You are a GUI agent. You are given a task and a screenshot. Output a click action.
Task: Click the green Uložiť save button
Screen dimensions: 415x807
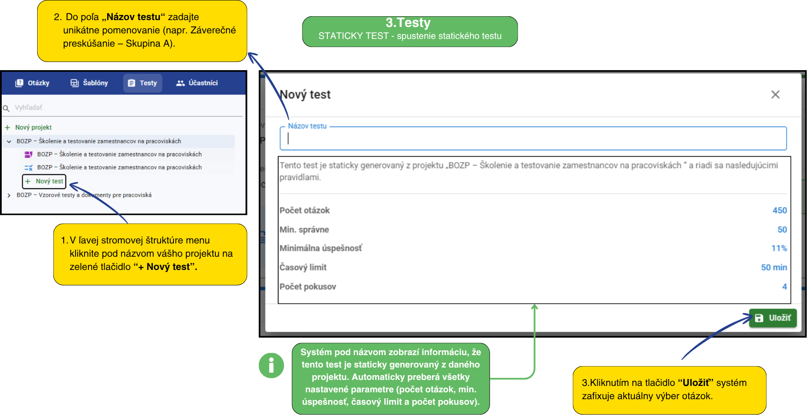(772, 318)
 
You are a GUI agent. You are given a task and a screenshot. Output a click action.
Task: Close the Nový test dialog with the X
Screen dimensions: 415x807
(775, 95)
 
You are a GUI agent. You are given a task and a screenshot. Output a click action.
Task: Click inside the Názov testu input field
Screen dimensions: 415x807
(532, 139)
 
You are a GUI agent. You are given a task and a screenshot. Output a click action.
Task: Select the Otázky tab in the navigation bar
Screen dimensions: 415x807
(32, 83)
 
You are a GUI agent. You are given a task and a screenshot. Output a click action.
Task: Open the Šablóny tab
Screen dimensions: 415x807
(89, 83)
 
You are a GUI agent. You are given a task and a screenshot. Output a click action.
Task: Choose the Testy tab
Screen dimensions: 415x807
(143, 83)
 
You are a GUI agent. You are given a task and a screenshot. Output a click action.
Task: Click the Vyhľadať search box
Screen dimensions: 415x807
(124, 108)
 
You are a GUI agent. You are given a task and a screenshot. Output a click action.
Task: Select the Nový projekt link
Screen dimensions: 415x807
(33, 127)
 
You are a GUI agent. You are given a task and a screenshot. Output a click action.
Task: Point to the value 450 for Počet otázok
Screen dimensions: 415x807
(779, 210)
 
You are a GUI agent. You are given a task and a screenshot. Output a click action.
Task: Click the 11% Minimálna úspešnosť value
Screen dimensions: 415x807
(779, 249)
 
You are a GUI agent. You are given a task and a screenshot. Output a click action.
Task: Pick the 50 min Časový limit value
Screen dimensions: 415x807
(774, 267)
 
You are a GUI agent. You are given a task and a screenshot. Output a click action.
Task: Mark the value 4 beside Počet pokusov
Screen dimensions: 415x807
(784, 287)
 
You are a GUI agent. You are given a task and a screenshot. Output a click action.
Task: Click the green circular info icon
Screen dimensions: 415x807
(271, 365)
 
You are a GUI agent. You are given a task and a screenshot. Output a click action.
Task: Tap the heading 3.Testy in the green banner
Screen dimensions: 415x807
(408, 23)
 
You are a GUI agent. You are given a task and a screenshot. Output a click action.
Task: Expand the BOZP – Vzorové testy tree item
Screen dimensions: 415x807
(9, 195)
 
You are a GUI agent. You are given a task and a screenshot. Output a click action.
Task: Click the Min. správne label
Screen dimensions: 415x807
(304, 230)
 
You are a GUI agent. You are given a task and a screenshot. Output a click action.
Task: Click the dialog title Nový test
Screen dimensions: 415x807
(305, 95)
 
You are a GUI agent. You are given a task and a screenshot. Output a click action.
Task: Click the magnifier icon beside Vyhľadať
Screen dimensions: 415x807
(6, 108)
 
